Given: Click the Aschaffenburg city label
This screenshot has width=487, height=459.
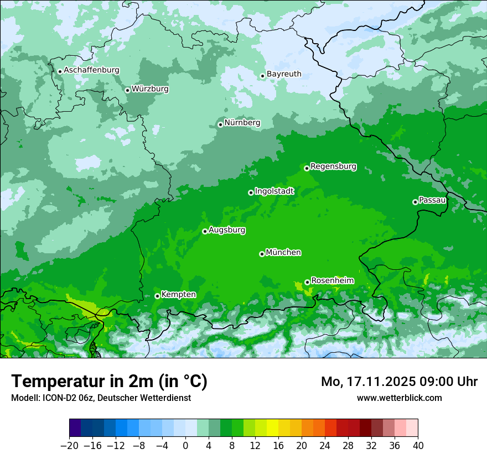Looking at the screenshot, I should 91,70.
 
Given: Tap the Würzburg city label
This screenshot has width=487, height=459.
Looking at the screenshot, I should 150,89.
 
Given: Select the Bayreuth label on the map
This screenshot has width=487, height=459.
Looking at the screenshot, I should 284,74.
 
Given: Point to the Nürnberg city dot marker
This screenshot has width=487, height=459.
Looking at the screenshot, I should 220,124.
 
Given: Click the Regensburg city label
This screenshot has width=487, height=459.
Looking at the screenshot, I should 333,166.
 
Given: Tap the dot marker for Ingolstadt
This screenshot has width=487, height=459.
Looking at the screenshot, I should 251,193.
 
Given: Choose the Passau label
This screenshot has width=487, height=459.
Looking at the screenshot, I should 432,200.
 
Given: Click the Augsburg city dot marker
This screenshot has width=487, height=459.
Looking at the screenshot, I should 205,232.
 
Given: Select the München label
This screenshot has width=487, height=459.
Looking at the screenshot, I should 283,253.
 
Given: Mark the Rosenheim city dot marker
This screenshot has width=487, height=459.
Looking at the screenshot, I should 307,283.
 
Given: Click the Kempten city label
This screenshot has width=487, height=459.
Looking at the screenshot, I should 178,295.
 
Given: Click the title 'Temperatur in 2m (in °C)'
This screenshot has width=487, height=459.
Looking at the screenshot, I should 109,382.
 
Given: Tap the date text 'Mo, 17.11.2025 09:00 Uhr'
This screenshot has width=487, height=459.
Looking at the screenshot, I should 399,382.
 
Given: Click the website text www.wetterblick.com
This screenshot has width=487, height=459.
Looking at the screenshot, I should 399,398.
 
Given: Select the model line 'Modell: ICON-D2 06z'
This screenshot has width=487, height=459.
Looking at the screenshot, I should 52,398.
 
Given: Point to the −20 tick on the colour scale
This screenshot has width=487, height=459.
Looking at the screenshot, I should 69,446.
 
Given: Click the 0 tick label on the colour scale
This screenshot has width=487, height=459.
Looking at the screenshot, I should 185,446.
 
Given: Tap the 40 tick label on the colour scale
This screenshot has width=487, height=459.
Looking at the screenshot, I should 418,446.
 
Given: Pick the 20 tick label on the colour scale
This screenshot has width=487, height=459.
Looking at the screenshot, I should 302,446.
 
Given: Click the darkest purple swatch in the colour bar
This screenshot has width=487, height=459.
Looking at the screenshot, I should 75,428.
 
